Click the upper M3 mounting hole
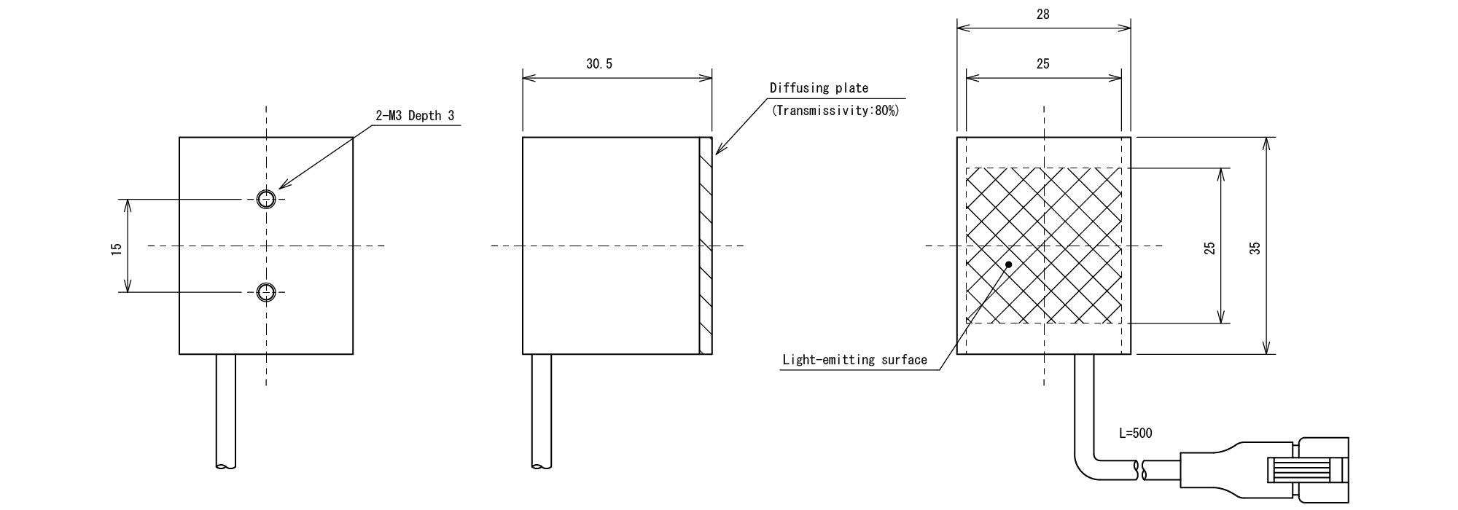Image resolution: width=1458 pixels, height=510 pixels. pyautogui.click(x=266, y=198)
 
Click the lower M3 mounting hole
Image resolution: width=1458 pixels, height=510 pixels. pyautogui.click(x=266, y=292)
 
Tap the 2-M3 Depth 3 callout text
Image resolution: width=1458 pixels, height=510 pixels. pyautogui.click(x=415, y=116)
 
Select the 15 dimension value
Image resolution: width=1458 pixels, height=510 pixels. pyautogui.click(x=116, y=249)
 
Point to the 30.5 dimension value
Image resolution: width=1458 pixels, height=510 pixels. pyautogui.click(x=599, y=64)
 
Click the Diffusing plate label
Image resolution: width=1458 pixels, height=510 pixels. pyautogui.click(x=819, y=88)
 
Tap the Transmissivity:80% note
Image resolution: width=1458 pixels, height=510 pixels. pyautogui.click(x=835, y=111)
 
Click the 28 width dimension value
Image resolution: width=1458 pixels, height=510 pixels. pyautogui.click(x=1043, y=15)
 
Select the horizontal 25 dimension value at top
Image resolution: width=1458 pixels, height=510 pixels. pyautogui.click(x=1043, y=64)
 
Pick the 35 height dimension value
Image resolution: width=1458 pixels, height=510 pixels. pyautogui.click(x=1255, y=248)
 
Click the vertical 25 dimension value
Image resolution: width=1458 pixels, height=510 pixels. pyautogui.click(x=1209, y=248)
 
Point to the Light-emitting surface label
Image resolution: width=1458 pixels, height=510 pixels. pyautogui.click(x=854, y=360)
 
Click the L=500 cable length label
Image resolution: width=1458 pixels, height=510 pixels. pyautogui.click(x=1135, y=433)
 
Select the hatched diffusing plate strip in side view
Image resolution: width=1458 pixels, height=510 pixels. pyautogui.click(x=705, y=246)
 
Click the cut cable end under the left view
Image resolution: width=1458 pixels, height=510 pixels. pyautogui.click(x=226, y=465)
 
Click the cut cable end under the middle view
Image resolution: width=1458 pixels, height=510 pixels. pyautogui.click(x=541, y=465)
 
